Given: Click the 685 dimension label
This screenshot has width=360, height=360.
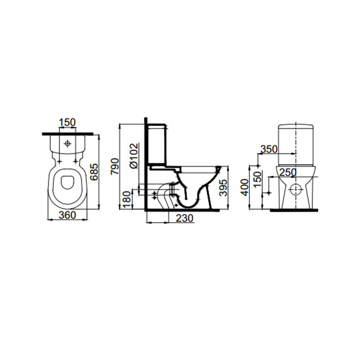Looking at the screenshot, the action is point(94,172).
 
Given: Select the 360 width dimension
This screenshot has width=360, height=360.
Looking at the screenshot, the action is point(67,215).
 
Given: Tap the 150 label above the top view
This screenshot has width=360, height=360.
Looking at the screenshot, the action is point(67,122).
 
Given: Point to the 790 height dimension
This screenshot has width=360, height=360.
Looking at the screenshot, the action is point(115,166).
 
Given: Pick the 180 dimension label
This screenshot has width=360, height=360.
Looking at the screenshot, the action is point(127,200).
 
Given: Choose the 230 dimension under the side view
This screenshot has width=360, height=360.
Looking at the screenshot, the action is point(185,218).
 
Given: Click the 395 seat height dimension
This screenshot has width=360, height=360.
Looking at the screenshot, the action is point(223,188).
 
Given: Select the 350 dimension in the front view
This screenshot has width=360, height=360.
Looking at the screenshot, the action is point(269,149).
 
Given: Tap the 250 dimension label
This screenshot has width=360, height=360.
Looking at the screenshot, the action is point(288,172).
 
